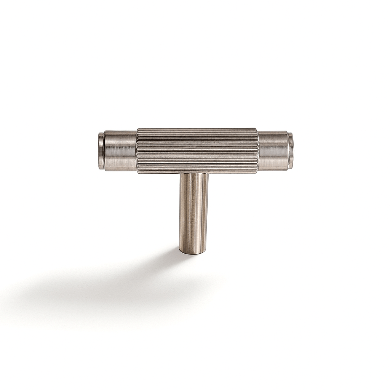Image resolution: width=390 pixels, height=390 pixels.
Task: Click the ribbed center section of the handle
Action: point(197,150)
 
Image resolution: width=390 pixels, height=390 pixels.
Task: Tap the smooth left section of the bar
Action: point(120,150)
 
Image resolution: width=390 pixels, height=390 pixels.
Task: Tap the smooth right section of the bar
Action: point(273,150)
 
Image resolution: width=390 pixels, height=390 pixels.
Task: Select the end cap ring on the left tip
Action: point(101,150)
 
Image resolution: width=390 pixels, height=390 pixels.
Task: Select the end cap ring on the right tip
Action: point(291,150)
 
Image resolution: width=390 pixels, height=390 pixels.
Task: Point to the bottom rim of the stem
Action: point(193,253)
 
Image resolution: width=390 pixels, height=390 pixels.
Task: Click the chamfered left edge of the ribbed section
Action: point(138,150)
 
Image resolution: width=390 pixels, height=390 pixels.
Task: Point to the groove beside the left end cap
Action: point(104,150)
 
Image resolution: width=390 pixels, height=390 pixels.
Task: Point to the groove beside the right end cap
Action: point(288,150)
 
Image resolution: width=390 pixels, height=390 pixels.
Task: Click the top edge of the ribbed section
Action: point(197,129)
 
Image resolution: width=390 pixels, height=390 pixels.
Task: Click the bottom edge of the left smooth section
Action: point(120,169)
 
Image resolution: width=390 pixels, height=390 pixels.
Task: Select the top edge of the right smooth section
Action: point(273,132)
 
